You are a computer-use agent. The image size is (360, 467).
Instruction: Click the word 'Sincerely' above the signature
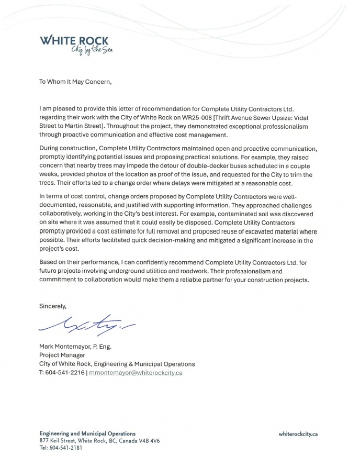coord(53,305)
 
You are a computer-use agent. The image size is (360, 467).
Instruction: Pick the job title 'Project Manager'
coord(62,355)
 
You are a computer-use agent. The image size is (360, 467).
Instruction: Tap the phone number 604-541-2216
coord(65,372)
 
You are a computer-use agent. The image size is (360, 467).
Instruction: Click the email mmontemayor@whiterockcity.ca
coord(136,372)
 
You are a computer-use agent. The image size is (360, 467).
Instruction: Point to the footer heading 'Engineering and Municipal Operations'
coord(87,433)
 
